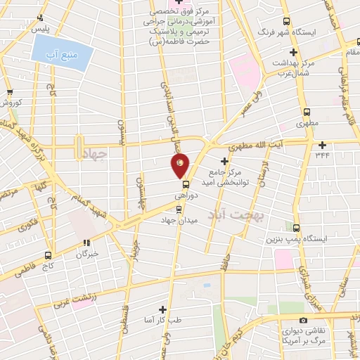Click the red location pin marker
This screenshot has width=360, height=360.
pyautogui.click(x=180, y=165)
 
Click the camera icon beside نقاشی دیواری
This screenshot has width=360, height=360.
pyautogui.click(x=303, y=321)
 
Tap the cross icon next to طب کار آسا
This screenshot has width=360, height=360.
pyautogui.click(x=162, y=309)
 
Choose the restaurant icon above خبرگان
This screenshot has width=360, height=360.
pyautogui.click(x=86, y=243)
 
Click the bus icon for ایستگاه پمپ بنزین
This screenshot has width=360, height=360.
pyautogui.click(x=296, y=228)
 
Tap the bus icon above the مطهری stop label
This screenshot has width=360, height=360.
pyautogui.click(x=307, y=111)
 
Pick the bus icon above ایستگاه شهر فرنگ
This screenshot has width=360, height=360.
pyautogui.click(x=285, y=22)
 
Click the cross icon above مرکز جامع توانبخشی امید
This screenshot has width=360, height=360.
pyautogui.click(x=224, y=162)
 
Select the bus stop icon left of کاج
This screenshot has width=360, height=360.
pyautogui.click(x=48, y=255)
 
